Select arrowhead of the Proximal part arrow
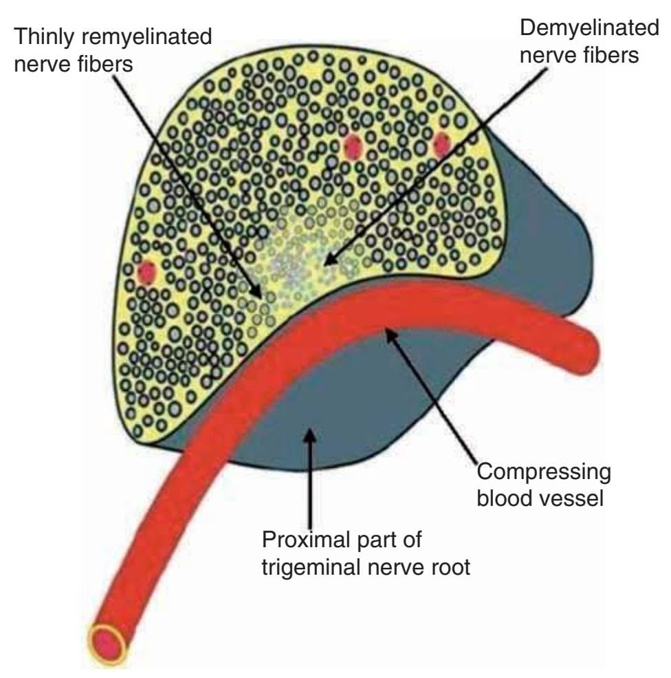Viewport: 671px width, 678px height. pyautogui.click(x=311, y=431)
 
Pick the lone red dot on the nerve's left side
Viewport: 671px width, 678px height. pyautogui.click(x=147, y=273)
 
